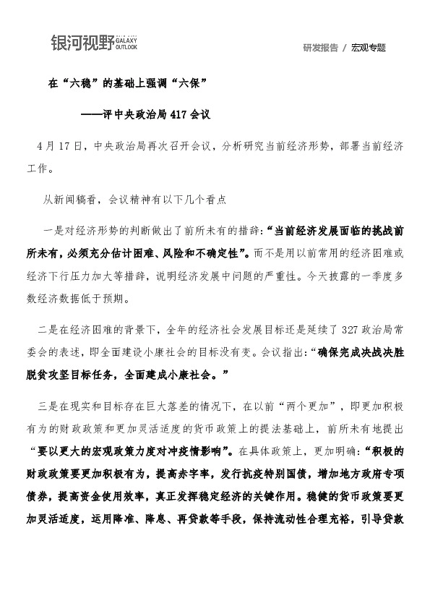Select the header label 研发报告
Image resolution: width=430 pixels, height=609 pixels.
pyautogui.click(x=321, y=48)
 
